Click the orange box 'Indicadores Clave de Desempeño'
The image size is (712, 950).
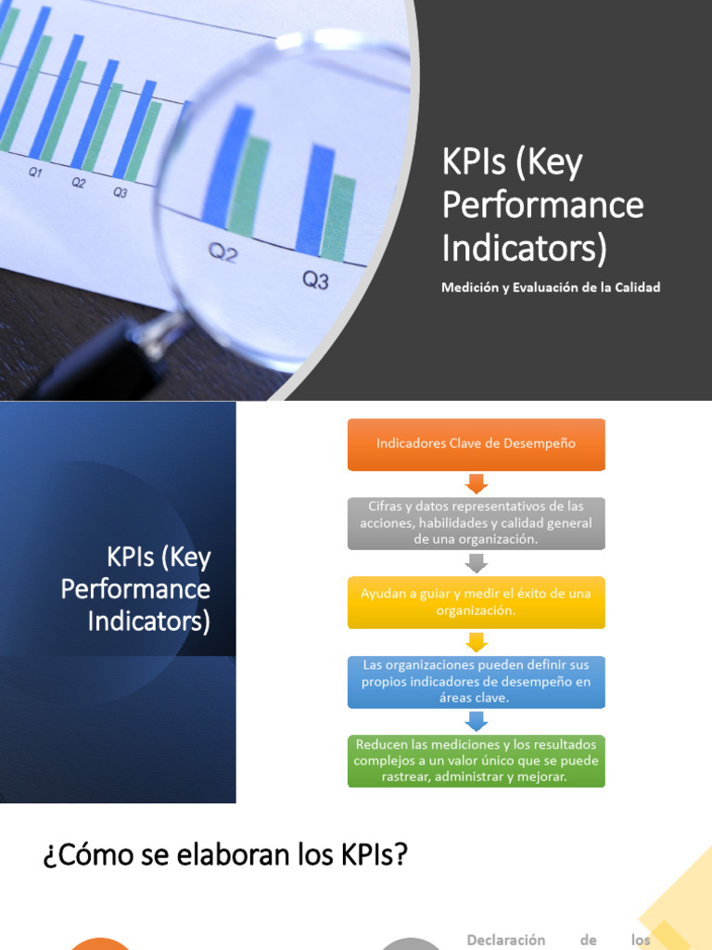pyautogui.click(x=476, y=443)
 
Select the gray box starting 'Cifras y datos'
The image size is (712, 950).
pyautogui.click(x=476, y=522)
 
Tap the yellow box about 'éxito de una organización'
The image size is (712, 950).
pyautogui.click(x=476, y=602)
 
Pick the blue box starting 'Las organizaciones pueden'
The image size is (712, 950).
pyautogui.click(x=476, y=682)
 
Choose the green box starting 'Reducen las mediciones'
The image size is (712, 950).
pyautogui.click(x=476, y=761)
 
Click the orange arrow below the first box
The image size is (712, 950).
pyautogui.click(x=476, y=483)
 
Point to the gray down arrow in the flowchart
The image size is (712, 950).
pyautogui.click(x=476, y=563)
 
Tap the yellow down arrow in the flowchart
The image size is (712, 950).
pyautogui.click(x=476, y=642)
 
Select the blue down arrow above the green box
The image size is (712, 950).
pyautogui.click(x=476, y=722)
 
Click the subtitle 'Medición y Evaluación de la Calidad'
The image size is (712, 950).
pyautogui.click(x=551, y=288)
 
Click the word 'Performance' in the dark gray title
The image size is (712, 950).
pyautogui.click(x=542, y=205)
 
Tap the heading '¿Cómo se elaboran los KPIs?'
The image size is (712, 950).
pyautogui.click(x=225, y=854)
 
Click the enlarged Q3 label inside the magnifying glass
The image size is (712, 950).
pyautogui.click(x=315, y=279)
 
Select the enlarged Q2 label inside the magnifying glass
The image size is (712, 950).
pyautogui.click(x=222, y=253)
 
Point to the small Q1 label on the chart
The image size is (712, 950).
pyautogui.click(x=35, y=172)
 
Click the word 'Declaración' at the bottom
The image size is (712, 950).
pyautogui.click(x=505, y=939)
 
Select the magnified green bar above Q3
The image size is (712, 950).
pyautogui.click(x=339, y=218)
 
